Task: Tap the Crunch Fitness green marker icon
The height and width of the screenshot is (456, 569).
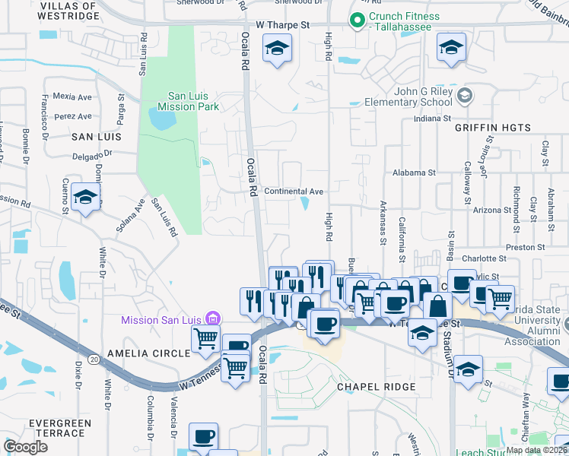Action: pyautogui.click(x=355, y=22)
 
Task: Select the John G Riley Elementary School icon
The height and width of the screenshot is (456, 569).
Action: pyautogui.click(x=466, y=97)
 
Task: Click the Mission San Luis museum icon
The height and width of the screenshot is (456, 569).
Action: pyautogui.click(x=214, y=319)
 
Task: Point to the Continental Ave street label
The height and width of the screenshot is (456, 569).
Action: pyautogui.click(x=294, y=192)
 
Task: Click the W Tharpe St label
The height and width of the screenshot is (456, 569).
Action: pyautogui.click(x=283, y=24)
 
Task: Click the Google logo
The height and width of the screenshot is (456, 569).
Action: pyautogui.click(x=26, y=447)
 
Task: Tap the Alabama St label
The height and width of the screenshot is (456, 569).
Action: pyautogui.click(x=414, y=173)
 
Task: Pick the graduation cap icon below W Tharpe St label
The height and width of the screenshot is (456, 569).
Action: pyautogui.click(x=276, y=50)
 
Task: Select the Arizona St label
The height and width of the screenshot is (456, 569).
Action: pyautogui.click(x=491, y=210)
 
